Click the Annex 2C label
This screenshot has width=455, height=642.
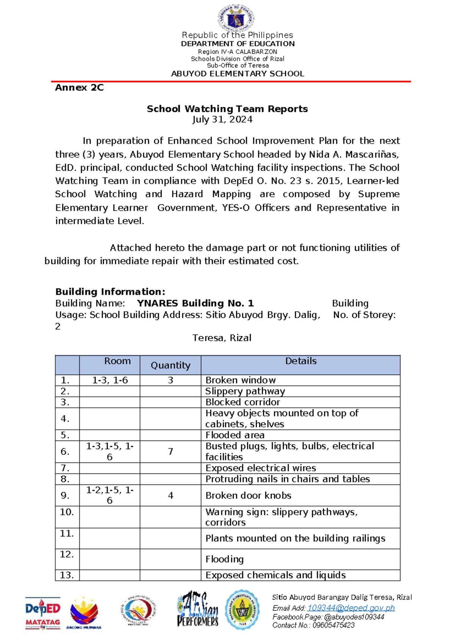79,87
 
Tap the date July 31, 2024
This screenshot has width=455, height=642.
222,120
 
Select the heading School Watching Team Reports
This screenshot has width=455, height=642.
227,109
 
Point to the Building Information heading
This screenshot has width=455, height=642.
110,291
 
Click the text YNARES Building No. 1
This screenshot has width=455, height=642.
195,303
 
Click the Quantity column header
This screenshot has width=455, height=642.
170,365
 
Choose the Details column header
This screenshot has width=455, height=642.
300,361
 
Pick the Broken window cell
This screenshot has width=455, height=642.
240,380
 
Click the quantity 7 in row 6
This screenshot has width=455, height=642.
170,451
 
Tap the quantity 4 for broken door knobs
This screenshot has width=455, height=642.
170,496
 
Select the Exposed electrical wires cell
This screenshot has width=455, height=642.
260,468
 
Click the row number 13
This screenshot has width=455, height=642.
67,575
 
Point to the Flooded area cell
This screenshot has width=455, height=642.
235,435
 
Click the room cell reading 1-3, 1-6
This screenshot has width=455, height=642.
110,380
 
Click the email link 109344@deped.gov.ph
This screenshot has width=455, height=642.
351,608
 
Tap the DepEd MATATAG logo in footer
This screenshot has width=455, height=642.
42,612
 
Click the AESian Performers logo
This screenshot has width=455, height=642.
197,609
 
